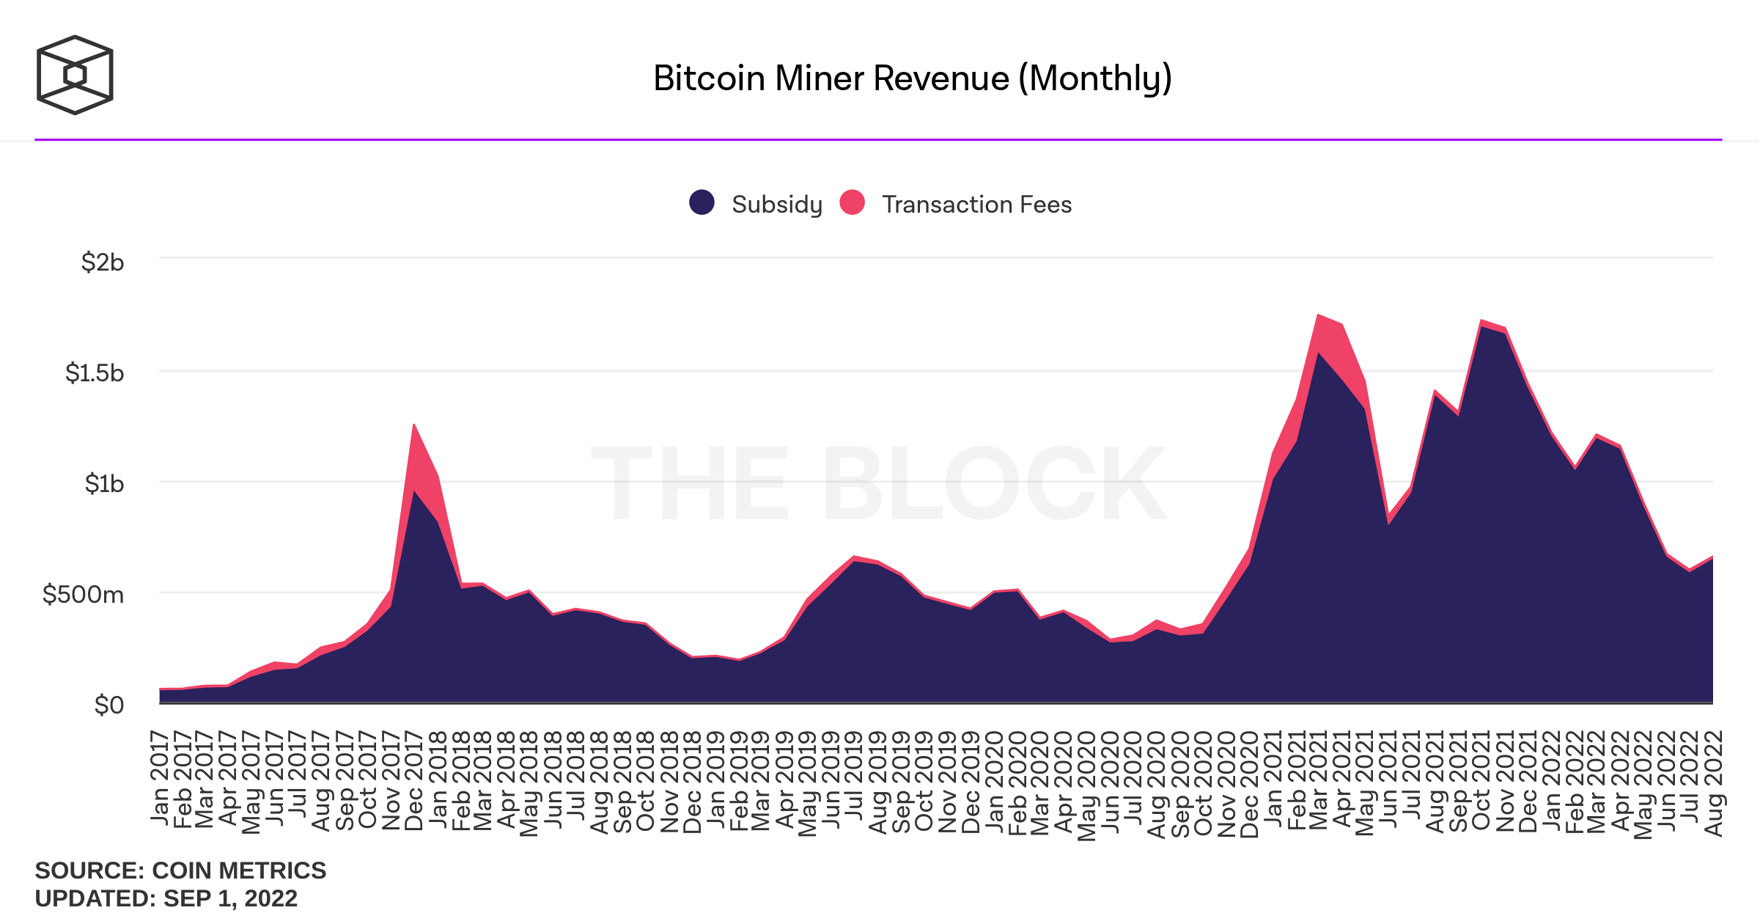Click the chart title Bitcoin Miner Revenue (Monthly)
point(912,78)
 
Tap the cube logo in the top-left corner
point(75,75)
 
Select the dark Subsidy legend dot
point(702,202)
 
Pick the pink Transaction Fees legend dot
point(852,202)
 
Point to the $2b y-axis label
point(103,262)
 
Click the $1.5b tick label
point(95,373)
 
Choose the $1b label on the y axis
point(104,483)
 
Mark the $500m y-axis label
point(83,594)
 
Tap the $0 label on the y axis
point(109,705)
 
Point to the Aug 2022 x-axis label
point(1713,783)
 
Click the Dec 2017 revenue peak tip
point(414,425)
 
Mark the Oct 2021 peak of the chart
point(1481,320)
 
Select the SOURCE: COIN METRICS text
point(180,870)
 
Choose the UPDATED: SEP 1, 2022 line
point(166,898)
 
